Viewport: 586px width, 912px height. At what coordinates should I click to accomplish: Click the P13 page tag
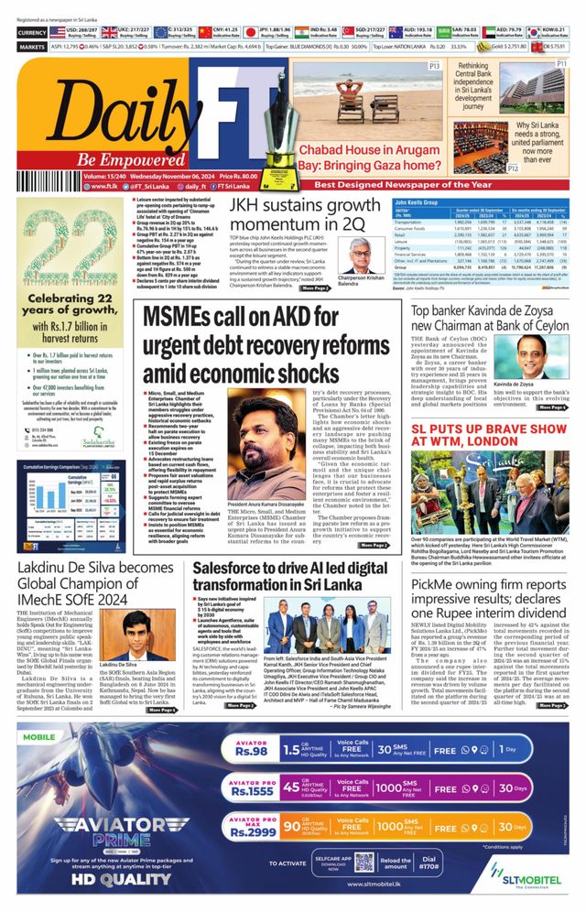435,67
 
